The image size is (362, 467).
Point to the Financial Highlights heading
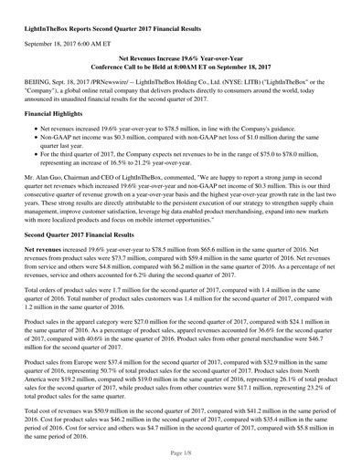(x=59, y=118)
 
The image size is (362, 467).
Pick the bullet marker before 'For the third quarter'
(x=34, y=167)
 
